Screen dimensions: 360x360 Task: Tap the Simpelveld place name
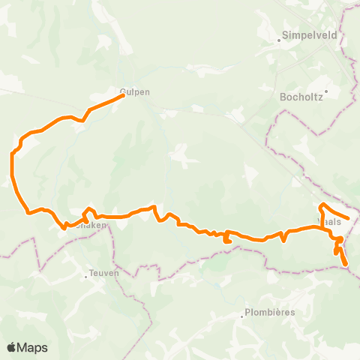(304, 34)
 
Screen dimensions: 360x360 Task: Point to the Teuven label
(104, 274)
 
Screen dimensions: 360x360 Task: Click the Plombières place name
(268, 313)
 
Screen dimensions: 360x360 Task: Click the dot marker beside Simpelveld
(278, 40)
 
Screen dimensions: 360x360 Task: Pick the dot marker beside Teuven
(86, 276)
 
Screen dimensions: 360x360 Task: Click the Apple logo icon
(12, 347)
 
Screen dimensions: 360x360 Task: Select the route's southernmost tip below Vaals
(346, 264)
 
